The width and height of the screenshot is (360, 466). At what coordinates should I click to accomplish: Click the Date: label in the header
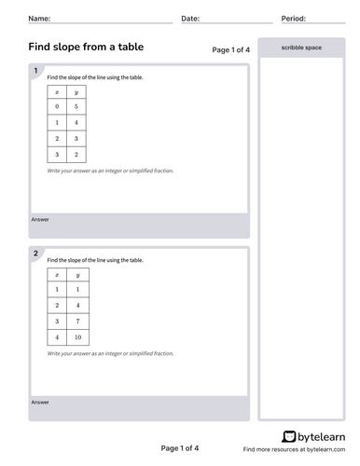point(189,19)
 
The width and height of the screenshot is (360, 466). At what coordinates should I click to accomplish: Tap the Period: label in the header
point(294,19)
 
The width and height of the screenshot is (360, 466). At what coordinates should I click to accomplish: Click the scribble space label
point(300,47)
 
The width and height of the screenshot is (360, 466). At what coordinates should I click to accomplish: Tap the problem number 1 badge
point(35,71)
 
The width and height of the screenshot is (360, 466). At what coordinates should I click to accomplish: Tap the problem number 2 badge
point(35,254)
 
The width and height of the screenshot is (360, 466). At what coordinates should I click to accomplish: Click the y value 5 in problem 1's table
point(76,106)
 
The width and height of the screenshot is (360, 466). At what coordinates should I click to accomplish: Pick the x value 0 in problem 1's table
point(57,106)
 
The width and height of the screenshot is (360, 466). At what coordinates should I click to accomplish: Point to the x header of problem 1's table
point(57,91)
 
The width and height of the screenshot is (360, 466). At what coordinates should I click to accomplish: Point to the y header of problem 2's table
point(76,275)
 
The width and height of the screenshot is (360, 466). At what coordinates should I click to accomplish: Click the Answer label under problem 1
point(40,220)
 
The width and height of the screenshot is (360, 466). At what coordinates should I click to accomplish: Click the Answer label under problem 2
point(40,403)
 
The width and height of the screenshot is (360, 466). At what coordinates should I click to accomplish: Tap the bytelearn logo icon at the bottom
point(288,436)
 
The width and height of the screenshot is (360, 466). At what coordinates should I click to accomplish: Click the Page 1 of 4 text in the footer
point(180,448)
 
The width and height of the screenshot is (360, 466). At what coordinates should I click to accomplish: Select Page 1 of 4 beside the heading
point(231,49)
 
